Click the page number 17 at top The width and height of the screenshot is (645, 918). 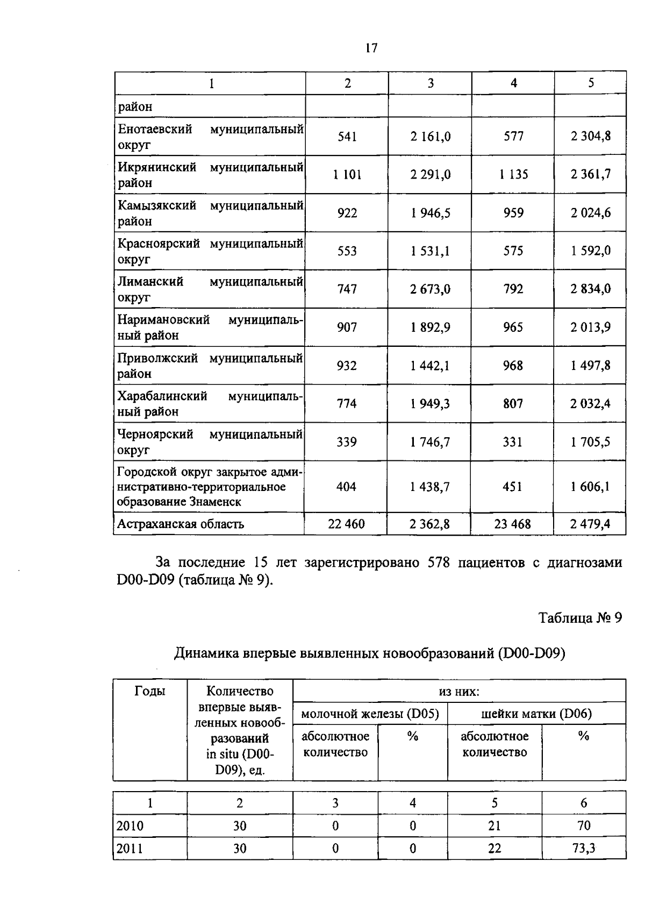(x=371, y=48)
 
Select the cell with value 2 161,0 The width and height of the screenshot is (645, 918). (x=430, y=137)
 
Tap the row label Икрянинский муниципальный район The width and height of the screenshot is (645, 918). (x=210, y=175)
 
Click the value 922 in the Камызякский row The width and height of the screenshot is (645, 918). (x=347, y=213)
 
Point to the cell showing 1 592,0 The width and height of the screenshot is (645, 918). (x=590, y=251)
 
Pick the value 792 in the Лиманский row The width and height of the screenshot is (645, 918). (x=513, y=289)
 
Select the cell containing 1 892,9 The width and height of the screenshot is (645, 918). (x=430, y=327)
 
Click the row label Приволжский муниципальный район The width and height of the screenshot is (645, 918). (x=210, y=366)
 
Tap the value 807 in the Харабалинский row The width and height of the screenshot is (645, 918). (x=513, y=403)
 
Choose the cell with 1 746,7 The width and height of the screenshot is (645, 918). (x=430, y=442)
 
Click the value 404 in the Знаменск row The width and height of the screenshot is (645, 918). (x=346, y=487)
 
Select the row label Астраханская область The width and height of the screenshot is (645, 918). (x=181, y=524)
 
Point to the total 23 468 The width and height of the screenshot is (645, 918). (x=512, y=524)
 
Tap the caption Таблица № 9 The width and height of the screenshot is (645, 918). (x=580, y=618)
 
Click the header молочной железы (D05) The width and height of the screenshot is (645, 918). (x=370, y=714)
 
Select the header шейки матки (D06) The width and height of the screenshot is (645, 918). (x=536, y=714)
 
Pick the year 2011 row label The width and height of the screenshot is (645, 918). (x=130, y=848)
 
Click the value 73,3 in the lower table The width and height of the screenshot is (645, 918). (x=583, y=848)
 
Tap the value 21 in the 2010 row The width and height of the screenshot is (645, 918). (x=494, y=826)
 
